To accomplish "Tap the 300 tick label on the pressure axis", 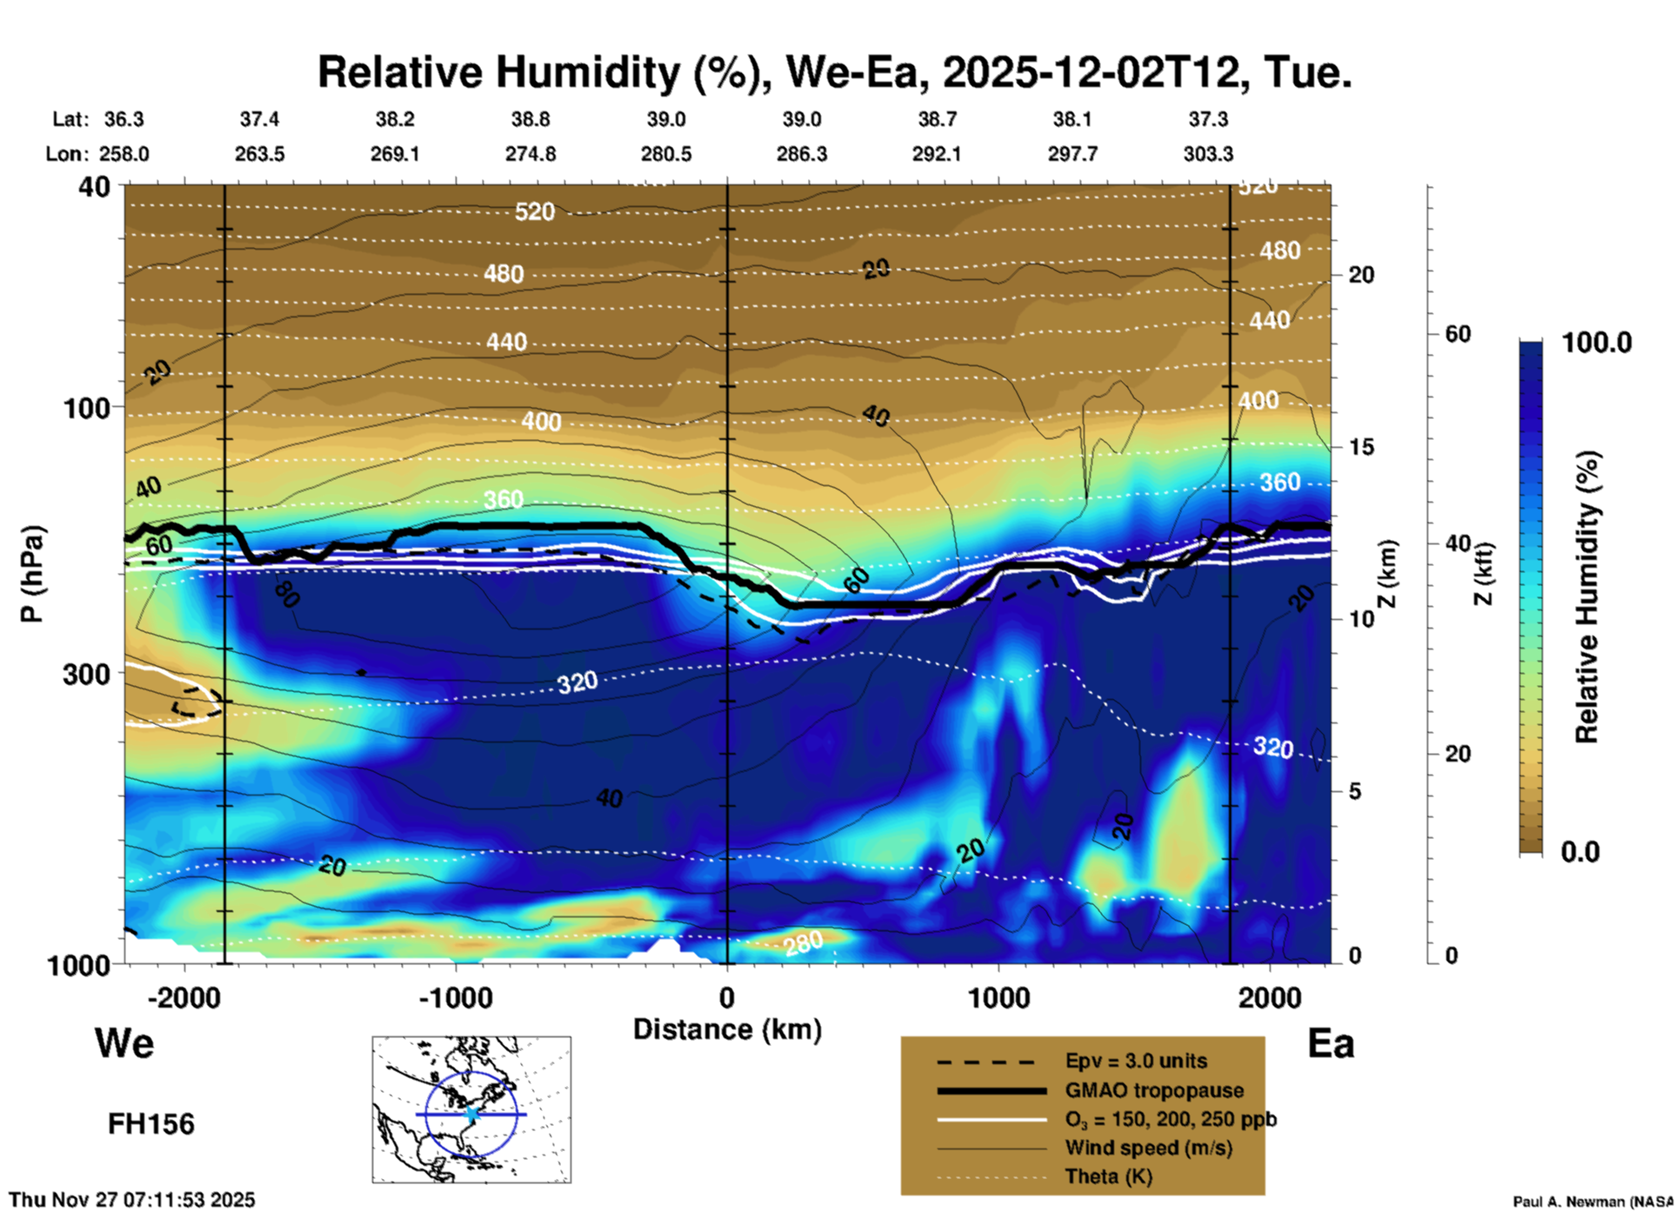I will pyautogui.click(x=86, y=674).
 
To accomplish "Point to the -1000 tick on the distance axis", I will pyautogui.click(x=456, y=998).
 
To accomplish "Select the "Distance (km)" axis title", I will pyautogui.click(x=727, y=1029).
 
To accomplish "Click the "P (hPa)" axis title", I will pyautogui.click(x=32, y=574).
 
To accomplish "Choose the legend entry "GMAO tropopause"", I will pyautogui.click(x=1154, y=1090).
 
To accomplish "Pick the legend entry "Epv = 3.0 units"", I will pyautogui.click(x=1136, y=1062).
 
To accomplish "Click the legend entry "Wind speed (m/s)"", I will pyautogui.click(x=1148, y=1148).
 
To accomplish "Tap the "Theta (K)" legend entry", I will pyautogui.click(x=1108, y=1176).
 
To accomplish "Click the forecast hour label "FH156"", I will pyautogui.click(x=151, y=1124).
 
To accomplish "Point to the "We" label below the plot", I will pyautogui.click(x=124, y=1043).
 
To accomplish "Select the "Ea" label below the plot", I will pyautogui.click(x=1331, y=1043).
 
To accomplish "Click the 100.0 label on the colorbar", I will pyautogui.click(x=1597, y=343).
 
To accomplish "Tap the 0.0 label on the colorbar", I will pyautogui.click(x=1580, y=852).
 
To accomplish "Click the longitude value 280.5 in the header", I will pyautogui.click(x=666, y=154).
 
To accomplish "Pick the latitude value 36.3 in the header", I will pyautogui.click(x=124, y=119).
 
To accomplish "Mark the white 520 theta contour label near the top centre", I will pyautogui.click(x=534, y=211).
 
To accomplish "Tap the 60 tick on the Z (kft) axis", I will pyautogui.click(x=1458, y=334).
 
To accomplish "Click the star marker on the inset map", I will pyautogui.click(x=471, y=1114).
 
